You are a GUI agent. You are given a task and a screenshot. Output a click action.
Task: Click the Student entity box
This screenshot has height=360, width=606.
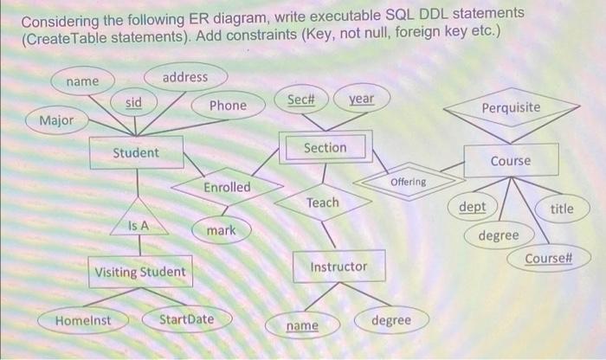[136, 152]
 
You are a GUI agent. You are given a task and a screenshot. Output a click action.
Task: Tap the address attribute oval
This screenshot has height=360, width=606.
[185, 77]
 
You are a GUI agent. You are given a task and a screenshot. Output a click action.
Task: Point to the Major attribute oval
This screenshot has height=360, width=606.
[56, 119]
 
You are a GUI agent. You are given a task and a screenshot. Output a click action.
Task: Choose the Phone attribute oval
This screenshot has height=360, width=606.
[228, 105]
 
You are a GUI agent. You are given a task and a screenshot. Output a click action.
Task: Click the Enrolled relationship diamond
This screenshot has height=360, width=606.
[227, 187]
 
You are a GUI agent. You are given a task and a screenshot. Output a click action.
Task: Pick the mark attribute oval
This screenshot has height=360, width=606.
[222, 231]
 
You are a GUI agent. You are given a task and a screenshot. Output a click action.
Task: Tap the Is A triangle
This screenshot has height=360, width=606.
[139, 223]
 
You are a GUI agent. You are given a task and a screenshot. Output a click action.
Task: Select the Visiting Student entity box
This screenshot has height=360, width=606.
[139, 272]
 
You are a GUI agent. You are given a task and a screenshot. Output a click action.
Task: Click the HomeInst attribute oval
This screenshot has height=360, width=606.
[83, 319]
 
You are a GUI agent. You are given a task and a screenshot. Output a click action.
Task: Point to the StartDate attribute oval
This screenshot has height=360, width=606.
[186, 319]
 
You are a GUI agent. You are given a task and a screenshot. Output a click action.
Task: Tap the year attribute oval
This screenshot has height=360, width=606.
[361, 99]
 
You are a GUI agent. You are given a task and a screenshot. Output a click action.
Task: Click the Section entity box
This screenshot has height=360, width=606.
[325, 148]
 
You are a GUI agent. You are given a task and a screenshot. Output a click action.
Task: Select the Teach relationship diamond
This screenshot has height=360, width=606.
[322, 202]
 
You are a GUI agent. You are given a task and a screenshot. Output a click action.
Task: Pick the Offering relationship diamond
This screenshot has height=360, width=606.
[408, 182]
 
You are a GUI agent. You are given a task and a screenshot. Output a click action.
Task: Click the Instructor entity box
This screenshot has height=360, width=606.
[338, 267]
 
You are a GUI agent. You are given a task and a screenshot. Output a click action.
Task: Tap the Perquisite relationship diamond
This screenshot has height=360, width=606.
[511, 108]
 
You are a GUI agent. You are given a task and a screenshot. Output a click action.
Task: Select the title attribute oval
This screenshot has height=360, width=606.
[561, 209]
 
